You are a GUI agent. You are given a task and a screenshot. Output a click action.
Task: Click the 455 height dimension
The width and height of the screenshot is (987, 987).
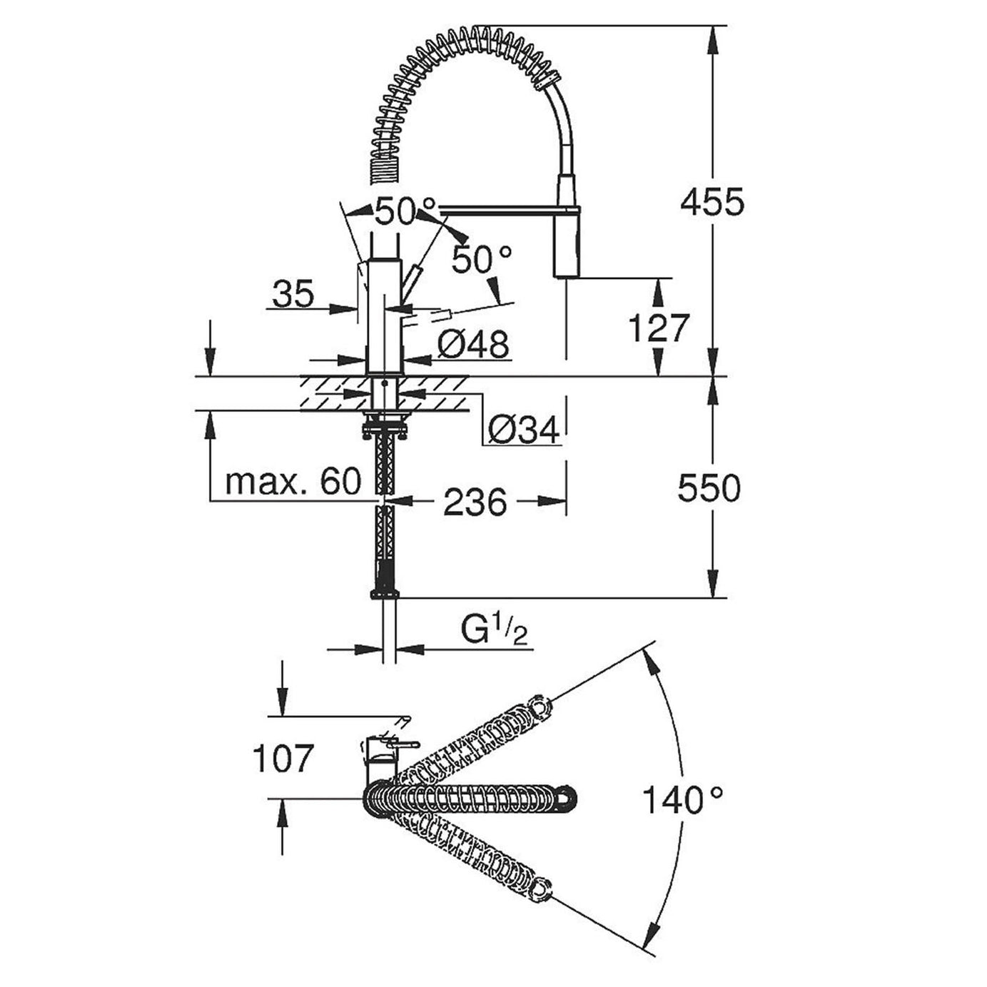712,203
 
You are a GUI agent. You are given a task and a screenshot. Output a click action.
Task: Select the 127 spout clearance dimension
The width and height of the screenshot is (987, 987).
658,328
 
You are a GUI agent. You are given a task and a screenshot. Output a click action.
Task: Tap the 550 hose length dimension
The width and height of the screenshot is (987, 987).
709,489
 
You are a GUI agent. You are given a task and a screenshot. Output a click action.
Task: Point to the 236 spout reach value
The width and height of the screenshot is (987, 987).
475,502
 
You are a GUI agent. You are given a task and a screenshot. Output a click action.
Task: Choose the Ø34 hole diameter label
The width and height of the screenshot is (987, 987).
523,430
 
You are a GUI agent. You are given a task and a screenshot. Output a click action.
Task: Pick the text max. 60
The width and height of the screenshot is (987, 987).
293,482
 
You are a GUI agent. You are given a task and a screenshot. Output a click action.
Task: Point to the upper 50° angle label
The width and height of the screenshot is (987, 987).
405,212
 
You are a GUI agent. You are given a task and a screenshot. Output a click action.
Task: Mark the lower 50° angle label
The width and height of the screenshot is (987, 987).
482,260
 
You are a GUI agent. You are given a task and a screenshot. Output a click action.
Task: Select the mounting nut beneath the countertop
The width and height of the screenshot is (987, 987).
385,427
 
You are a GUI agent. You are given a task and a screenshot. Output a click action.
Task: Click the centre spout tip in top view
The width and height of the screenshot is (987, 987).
567,798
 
